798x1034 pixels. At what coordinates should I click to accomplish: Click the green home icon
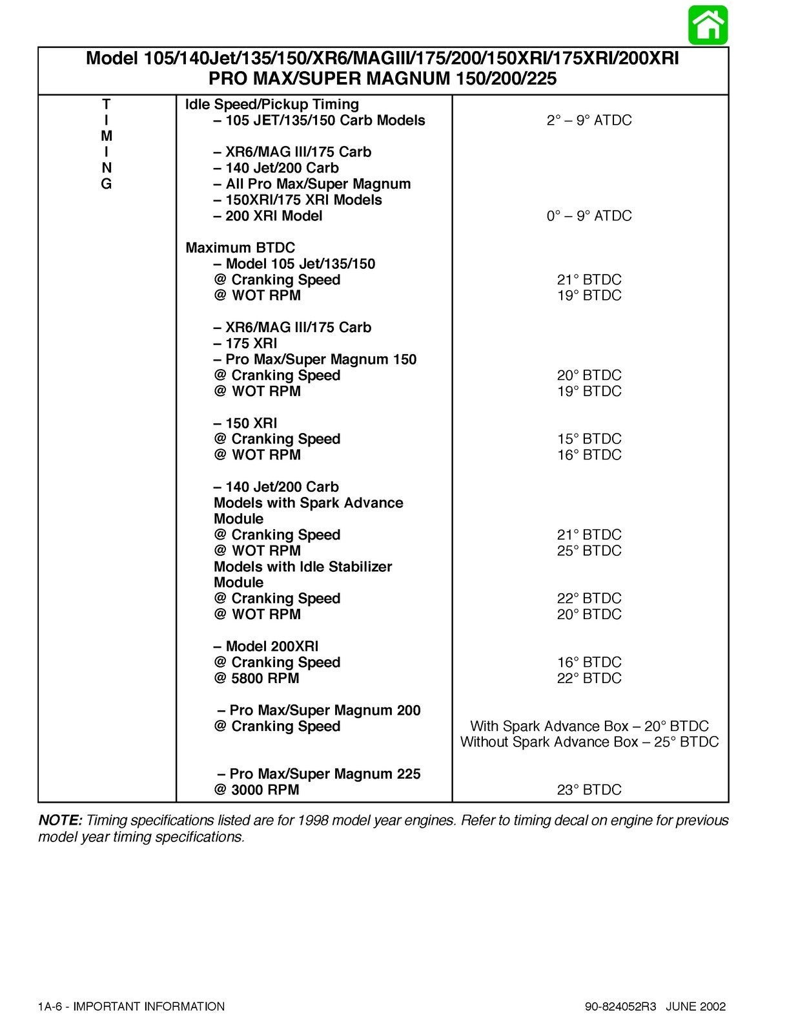pyautogui.click(x=708, y=25)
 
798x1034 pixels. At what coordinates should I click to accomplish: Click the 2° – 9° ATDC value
pyautogui.click(x=589, y=120)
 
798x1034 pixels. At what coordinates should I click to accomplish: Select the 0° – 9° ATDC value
pyautogui.click(x=589, y=216)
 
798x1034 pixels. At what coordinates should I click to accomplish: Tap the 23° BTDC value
pyautogui.click(x=589, y=790)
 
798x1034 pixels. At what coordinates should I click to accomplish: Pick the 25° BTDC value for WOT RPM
pyautogui.click(x=589, y=551)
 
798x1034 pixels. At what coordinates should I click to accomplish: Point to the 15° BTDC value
pyautogui.click(x=589, y=439)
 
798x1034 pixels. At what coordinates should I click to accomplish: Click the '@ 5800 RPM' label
pyautogui.click(x=256, y=678)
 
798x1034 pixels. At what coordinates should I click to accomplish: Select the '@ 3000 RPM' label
pyautogui.click(x=256, y=790)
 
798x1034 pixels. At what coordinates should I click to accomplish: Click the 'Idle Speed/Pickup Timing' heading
pyautogui.click(x=272, y=104)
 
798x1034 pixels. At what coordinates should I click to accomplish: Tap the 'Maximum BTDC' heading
pyautogui.click(x=240, y=248)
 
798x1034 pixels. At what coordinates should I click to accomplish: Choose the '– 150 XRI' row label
pyautogui.click(x=245, y=423)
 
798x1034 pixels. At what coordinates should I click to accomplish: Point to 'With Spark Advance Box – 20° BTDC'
pyautogui.click(x=589, y=726)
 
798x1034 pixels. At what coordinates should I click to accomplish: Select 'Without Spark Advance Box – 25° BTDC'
pyautogui.click(x=589, y=742)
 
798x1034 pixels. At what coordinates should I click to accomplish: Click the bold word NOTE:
pyautogui.click(x=60, y=821)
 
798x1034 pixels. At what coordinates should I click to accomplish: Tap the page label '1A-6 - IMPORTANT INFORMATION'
pyautogui.click(x=131, y=1006)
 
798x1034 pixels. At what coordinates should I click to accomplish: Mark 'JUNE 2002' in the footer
pyautogui.click(x=695, y=1006)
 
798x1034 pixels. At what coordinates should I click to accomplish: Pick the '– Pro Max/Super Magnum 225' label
pyautogui.click(x=319, y=774)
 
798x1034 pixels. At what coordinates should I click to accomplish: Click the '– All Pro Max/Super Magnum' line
pyautogui.click(x=312, y=184)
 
